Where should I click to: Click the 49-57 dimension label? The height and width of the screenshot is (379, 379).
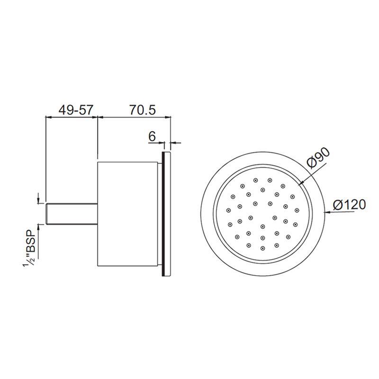pyautogui.click(x=76, y=110)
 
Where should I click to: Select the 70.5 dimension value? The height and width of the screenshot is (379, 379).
pyautogui.click(x=143, y=110)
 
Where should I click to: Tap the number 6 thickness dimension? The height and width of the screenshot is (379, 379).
pyautogui.click(x=152, y=136)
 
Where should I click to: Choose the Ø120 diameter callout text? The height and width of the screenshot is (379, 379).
pyautogui.click(x=349, y=205)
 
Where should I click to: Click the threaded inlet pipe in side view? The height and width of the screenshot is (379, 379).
pyautogui.click(x=72, y=214)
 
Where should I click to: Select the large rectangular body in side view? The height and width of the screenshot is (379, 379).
pyautogui.click(x=127, y=214)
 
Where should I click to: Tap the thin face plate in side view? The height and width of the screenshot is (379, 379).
pyautogui.click(x=167, y=214)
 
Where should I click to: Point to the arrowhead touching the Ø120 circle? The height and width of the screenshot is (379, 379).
pyautogui.click(x=327, y=212)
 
